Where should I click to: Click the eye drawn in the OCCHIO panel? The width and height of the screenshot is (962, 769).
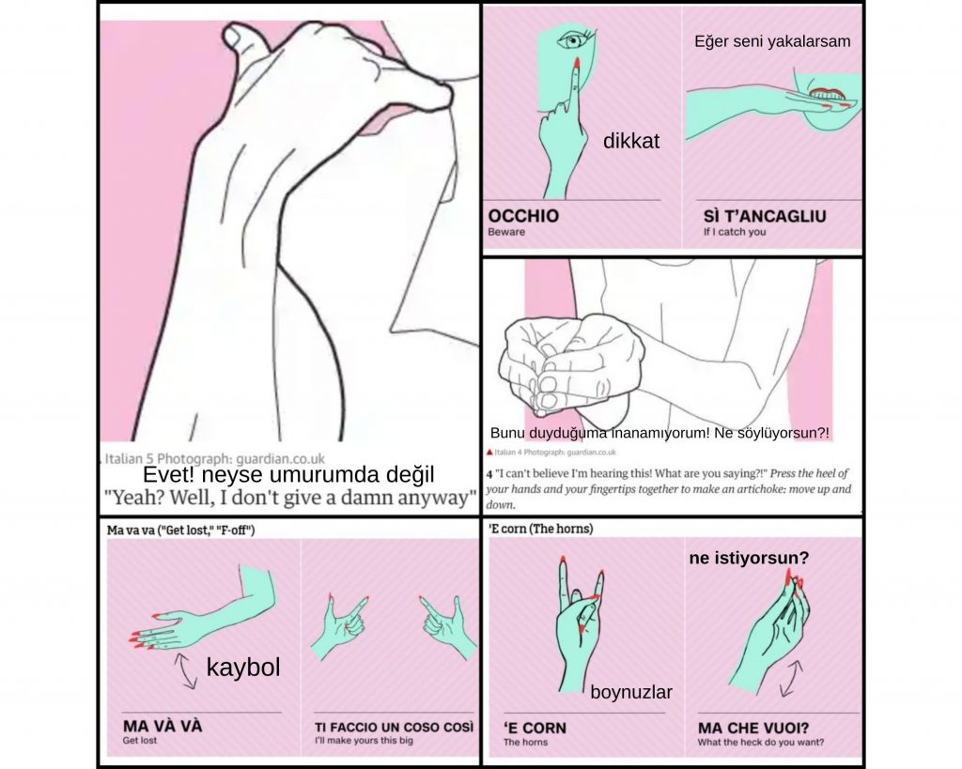[x=573, y=39]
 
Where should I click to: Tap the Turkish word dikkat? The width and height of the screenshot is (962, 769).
[x=630, y=141]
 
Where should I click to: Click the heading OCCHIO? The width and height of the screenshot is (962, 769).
[x=523, y=216]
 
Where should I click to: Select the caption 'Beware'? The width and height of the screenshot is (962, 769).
[x=506, y=232]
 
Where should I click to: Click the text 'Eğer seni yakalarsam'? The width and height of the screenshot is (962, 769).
[x=772, y=41]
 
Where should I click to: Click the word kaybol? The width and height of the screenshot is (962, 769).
[x=243, y=668]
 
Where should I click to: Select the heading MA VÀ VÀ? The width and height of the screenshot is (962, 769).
[x=162, y=726]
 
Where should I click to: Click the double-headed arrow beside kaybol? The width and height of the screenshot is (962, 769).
[x=185, y=671]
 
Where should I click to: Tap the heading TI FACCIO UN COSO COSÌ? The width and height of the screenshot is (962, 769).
[x=394, y=728]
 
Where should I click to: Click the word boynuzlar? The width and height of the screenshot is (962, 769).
[x=631, y=692]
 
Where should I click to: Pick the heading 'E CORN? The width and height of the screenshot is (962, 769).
[x=535, y=728]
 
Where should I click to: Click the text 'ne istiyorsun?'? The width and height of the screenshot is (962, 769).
[x=749, y=559]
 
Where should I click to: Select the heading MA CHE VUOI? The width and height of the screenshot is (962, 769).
[x=753, y=728]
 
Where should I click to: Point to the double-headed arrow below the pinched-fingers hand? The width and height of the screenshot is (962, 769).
[x=791, y=678]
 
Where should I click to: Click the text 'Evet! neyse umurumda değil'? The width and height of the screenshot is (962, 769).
[x=288, y=475]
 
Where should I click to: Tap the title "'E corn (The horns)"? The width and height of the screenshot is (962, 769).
[x=540, y=529]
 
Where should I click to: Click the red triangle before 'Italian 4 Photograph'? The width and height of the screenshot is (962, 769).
[x=489, y=453]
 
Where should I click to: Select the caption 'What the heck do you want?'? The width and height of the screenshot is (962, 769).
[x=760, y=742]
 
